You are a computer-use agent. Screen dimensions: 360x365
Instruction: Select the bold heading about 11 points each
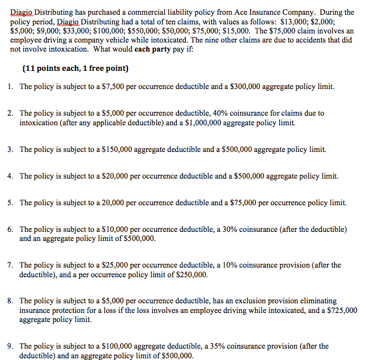(75, 69)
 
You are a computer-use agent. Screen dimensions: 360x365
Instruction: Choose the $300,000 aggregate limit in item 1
(247, 87)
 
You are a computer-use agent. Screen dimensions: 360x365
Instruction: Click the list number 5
(11, 202)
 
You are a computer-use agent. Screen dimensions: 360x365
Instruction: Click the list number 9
(11, 346)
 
